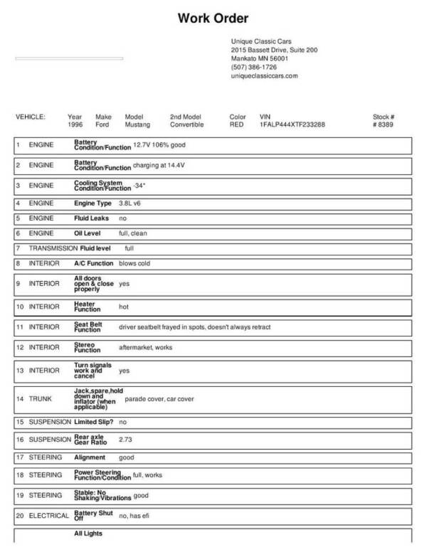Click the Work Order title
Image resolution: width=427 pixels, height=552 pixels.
[x=213, y=18]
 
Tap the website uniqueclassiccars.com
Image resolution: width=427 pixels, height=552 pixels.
[x=264, y=75]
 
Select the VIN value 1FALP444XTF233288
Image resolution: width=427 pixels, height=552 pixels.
[x=292, y=124]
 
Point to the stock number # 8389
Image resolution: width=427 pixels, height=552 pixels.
[x=383, y=124]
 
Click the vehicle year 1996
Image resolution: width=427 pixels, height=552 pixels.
[x=75, y=124]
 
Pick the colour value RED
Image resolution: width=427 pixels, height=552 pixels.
[x=236, y=124]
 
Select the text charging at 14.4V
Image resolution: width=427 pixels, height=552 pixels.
[x=159, y=166]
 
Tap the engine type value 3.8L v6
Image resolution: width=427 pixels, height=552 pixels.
[x=131, y=203]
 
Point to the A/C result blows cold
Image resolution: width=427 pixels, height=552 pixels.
[x=134, y=263]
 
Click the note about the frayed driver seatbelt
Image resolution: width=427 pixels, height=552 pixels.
[x=194, y=327]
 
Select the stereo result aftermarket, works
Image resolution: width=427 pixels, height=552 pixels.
[x=145, y=348]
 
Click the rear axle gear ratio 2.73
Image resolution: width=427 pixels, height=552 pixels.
[x=126, y=440]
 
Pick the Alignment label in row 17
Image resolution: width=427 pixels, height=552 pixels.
[x=90, y=457]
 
